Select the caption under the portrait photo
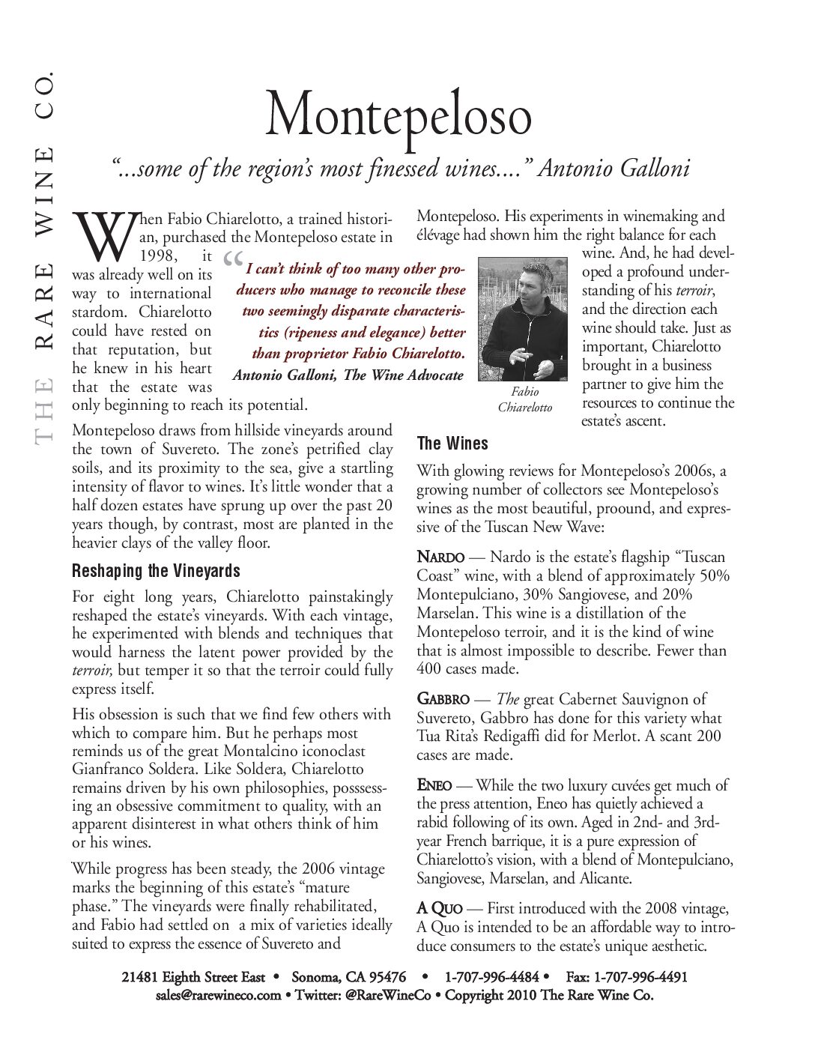click(525, 399)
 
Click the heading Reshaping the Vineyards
click(156, 571)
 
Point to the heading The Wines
click(452, 444)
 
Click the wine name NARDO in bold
click(440, 557)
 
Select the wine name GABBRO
click(443, 700)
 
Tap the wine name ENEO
click(434, 785)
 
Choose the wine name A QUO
click(440, 909)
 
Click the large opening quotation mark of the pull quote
click(233, 263)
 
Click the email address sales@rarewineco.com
click(218, 996)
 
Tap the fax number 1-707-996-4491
click(640, 977)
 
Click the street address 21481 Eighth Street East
click(193, 977)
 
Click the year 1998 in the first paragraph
click(158, 256)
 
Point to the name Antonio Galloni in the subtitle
click(613, 169)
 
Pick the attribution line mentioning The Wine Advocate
click(348, 375)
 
